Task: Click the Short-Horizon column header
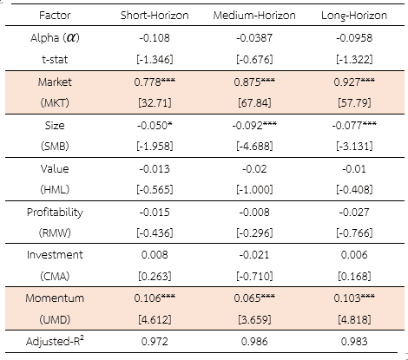(155, 15)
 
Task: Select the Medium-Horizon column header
(254, 15)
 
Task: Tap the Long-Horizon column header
(354, 16)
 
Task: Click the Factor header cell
(55, 15)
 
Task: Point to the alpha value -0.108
(155, 38)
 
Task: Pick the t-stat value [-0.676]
(254, 60)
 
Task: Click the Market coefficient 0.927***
(354, 82)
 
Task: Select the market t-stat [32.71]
(155, 103)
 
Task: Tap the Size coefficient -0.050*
(155, 125)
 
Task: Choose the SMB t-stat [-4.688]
(254, 147)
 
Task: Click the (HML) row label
(55, 190)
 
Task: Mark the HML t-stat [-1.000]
(254, 190)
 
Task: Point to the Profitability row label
(55, 213)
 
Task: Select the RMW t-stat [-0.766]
(354, 233)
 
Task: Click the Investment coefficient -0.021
(254, 255)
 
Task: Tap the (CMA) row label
(55, 277)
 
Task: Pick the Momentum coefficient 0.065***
(254, 298)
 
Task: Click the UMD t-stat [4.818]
(354, 320)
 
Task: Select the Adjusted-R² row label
(55, 341)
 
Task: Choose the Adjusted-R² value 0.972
(155, 342)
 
